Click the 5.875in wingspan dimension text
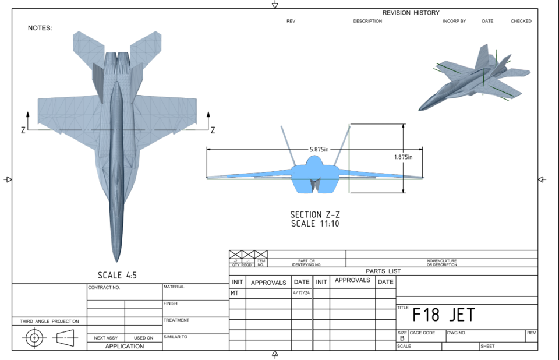(319, 149)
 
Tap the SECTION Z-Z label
(314, 215)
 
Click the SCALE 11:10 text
(314, 224)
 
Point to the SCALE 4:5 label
(117, 275)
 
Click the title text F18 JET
(444, 315)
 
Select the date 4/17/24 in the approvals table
(302, 293)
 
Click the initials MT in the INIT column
(235, 293)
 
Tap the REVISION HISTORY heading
(411, 13)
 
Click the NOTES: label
(40, 28)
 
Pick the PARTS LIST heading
(383, 271)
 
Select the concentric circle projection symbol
(34, 337)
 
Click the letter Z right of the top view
(213, 130)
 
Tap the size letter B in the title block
(402, 338)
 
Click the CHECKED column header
(521, 21)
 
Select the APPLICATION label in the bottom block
(124, 346)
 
